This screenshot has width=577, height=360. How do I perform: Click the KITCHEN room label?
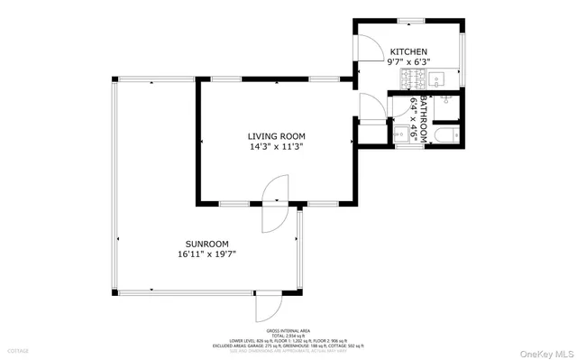(x=408, y=52)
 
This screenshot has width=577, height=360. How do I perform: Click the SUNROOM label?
(x=206, y=244)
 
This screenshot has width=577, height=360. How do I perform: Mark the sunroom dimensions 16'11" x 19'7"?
(x=206, y=254)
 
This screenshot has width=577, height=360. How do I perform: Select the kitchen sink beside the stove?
(x=436, y=78)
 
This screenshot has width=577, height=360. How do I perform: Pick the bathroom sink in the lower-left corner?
(x=399, y=136)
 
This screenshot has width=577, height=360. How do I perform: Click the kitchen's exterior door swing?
(x=369, y=42)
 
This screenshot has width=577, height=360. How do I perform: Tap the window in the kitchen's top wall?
(x=410, y=20)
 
